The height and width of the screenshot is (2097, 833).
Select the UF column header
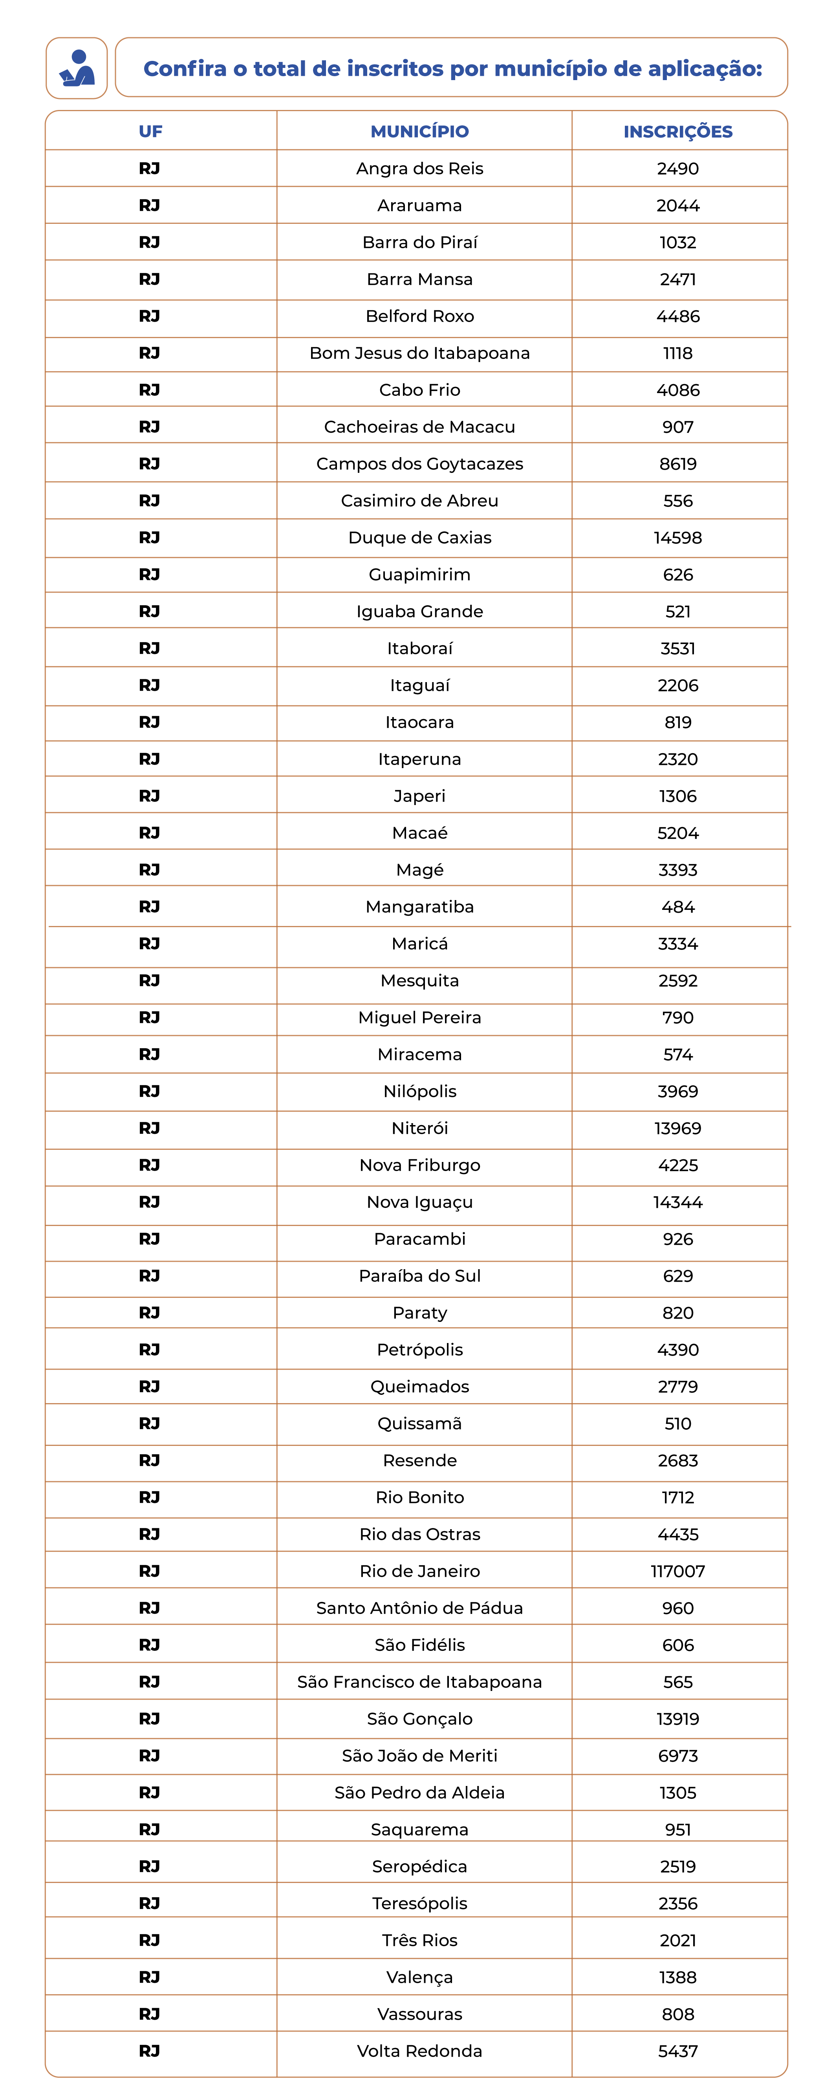pyautogui.click(x=151, y=131)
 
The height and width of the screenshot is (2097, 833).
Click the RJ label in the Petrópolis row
pyautogui.click(x=150, y=1349)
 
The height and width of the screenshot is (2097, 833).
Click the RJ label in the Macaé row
pyautogui.click(x=150, y=832)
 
